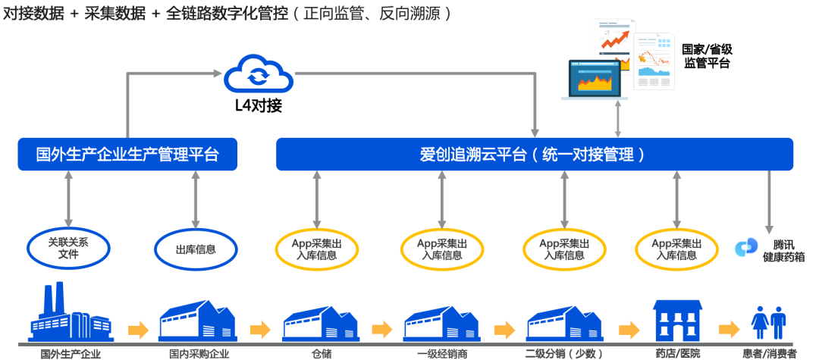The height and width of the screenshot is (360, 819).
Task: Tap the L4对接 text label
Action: point(259,105)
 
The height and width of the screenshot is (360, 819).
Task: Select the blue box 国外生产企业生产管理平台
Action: point(127,155)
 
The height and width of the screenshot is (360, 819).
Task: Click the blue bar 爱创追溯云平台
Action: point(534,155)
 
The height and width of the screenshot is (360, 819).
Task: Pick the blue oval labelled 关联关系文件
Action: point(68,248)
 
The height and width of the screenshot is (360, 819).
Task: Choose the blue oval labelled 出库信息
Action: point(196,248)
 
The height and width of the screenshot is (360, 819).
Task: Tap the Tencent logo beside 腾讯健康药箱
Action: point(746,247)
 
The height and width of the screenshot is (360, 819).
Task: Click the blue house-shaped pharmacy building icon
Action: point(678,321)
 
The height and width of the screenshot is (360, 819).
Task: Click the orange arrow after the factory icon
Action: point(138,330)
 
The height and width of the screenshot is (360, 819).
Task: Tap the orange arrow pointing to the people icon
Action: point(729,330)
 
